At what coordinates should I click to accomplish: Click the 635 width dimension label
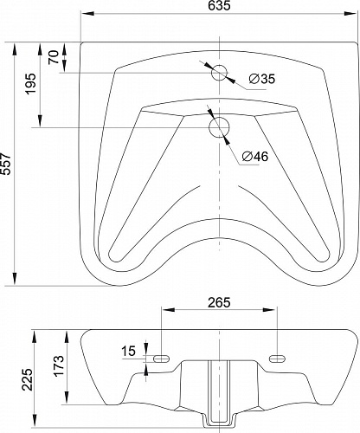(x=219, y=5)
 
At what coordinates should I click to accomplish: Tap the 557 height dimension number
(x=6, y=164)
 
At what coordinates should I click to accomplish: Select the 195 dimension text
(x=31, y=84)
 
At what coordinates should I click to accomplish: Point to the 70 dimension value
(x=54, y=57)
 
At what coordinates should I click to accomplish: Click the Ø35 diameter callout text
(x=262, y=79)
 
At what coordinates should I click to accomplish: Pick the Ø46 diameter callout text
(x=255, y=157)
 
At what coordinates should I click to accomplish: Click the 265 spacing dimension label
(x=219, y=302)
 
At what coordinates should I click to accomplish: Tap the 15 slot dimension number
(x=128, y=351)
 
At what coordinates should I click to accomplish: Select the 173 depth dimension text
(x=59, y=365)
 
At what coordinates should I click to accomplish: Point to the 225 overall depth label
(x=28, y=379)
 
